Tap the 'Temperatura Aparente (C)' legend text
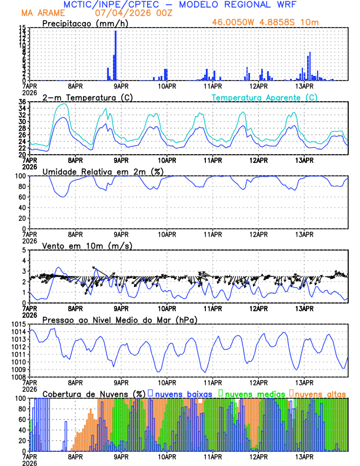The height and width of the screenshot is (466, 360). pyautogui.click(x=265, y=97)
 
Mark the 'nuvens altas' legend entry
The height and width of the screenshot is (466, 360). pyautogui.click(x=320, y=393)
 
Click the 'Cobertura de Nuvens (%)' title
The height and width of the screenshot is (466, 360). pyautogui.click(x=94, y=393)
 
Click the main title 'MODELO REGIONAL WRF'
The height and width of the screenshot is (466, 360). pyautogui.click(x=244, y=4)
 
